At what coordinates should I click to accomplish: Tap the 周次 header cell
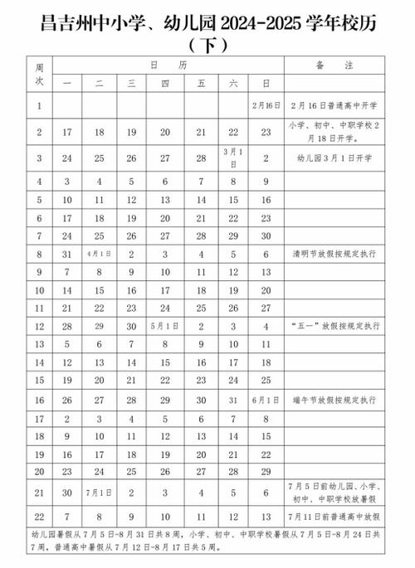tap(39, 73)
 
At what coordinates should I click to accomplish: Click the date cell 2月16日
tap(266, 106)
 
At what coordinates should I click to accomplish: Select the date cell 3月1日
tap(232, 156)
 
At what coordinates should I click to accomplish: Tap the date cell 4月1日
tap(98, 254)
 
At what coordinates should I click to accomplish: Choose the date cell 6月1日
tap(266, 399)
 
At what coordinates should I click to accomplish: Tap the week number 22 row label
tap(39, 516)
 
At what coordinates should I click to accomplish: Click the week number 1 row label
tap(39, 106)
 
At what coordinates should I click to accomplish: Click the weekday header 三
tap(131, 83)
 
